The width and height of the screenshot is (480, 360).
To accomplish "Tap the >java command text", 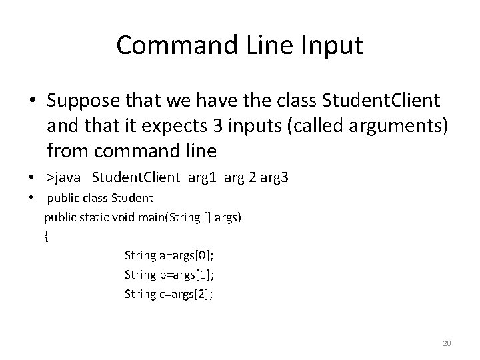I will (x=65, y=177).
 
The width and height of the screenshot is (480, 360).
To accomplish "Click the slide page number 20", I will (x=447, y=343).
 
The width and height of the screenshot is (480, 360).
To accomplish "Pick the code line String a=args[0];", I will (x=169, y=255).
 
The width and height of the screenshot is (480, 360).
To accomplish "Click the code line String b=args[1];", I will (x=169, y=274).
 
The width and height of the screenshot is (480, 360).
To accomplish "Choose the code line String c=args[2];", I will (x=169, y=294).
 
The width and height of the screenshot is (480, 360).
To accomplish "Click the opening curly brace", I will (x=46, y=236).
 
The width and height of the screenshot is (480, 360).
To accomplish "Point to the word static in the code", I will (x=95, y=217).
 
